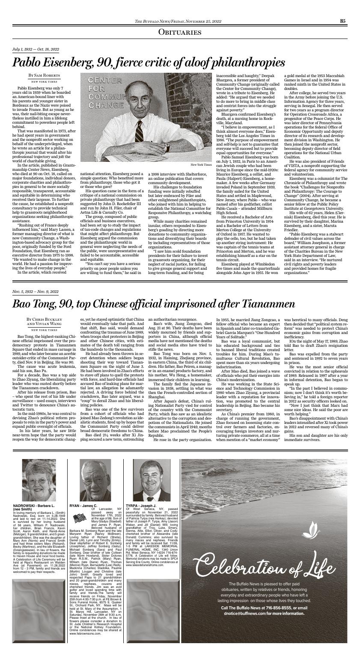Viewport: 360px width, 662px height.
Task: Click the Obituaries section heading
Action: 180,32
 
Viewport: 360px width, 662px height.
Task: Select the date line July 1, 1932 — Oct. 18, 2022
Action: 36,50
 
